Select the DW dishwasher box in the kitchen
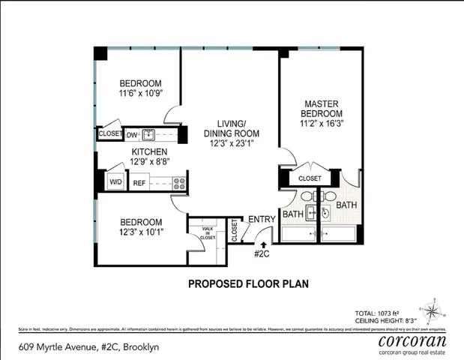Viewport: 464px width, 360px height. [x=131, y=135]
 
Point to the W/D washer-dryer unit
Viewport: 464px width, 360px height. [x=115, y=181]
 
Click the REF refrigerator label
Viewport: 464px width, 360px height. [x=139, y=182]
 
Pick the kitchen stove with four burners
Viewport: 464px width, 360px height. [x=179, y=181]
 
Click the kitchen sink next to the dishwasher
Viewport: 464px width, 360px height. [x=148, y=135]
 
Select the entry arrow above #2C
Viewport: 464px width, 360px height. [x=263, y=244]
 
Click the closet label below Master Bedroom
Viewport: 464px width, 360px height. [x=310, y=178]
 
